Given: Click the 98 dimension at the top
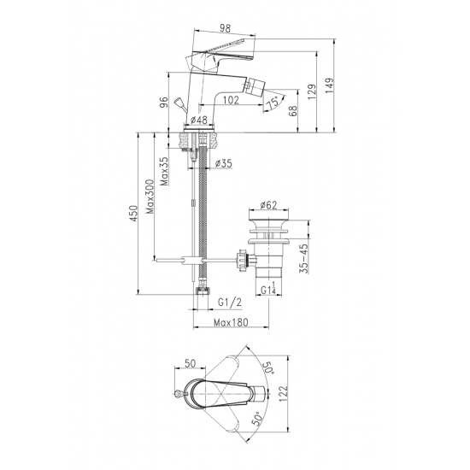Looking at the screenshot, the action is click(226, 28).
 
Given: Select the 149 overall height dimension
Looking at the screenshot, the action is click(329, 85).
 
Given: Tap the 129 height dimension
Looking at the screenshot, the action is click(312, 91).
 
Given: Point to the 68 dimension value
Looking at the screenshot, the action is click(294, 110).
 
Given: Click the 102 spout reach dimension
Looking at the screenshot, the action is click(231, 100).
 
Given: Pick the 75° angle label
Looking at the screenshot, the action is click(273, 103).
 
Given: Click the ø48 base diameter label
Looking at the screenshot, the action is click(199, 120).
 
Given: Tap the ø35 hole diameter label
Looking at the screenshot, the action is click(224, 163).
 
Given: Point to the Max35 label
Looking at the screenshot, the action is click(164, 171).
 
